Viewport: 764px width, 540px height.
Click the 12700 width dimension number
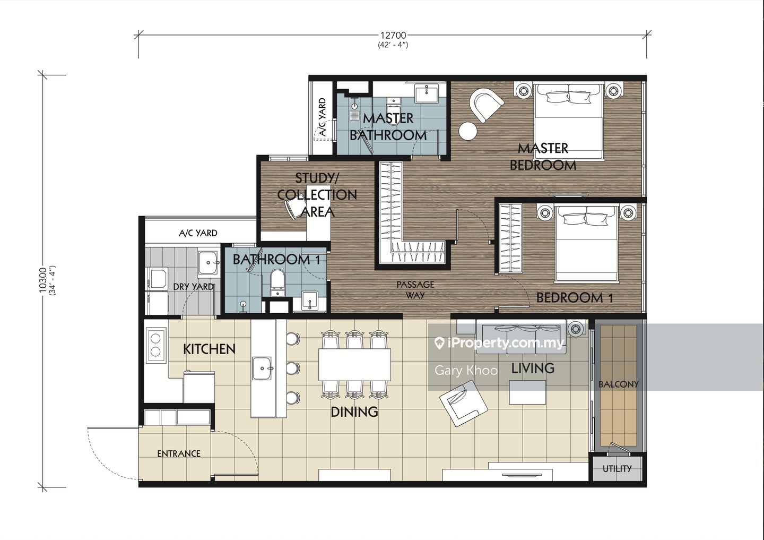pyautogui.click(x=393, y=35)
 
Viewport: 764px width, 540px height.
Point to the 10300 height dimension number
pyautogui.click(x=42, y=280)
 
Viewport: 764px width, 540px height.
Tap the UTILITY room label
pyautogui.click(x=617, y=469)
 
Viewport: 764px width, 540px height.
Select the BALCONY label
pyautogui.click(x=619, y=384)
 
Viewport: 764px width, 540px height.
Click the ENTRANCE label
pyautogui.click(x=179, y=453)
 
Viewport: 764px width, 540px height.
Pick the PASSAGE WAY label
pyautogui.click(x=415, y=290)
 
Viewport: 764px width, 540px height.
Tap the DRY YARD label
pyautogui.click(x=193, y=287)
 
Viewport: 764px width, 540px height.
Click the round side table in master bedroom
pyautogui.click(x=467, y=131)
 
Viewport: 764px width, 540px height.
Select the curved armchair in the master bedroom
pyautogui.click(x=485, y=105)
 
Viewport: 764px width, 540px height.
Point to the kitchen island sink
pyautogui.click(x=262, y=368)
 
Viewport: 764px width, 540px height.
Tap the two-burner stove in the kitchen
pyautogui.click(x=156, y=345)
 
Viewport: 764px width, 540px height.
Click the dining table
pyautogui.click(x=354, y=364)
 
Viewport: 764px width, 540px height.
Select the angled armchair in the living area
pyautogui.click(x=464, y=404)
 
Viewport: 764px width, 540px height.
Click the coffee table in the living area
pyautogui.click(x=527, y=392)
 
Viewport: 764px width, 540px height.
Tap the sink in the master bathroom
pyautogui.click(x=427, y=93)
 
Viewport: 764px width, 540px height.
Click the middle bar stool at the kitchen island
pyautogui.click(x=293, y=368)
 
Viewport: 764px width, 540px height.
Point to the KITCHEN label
pyautogui.click(x=209, y=349)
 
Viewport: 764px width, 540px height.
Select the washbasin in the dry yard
pyautogui.click(x=208, y=262)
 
